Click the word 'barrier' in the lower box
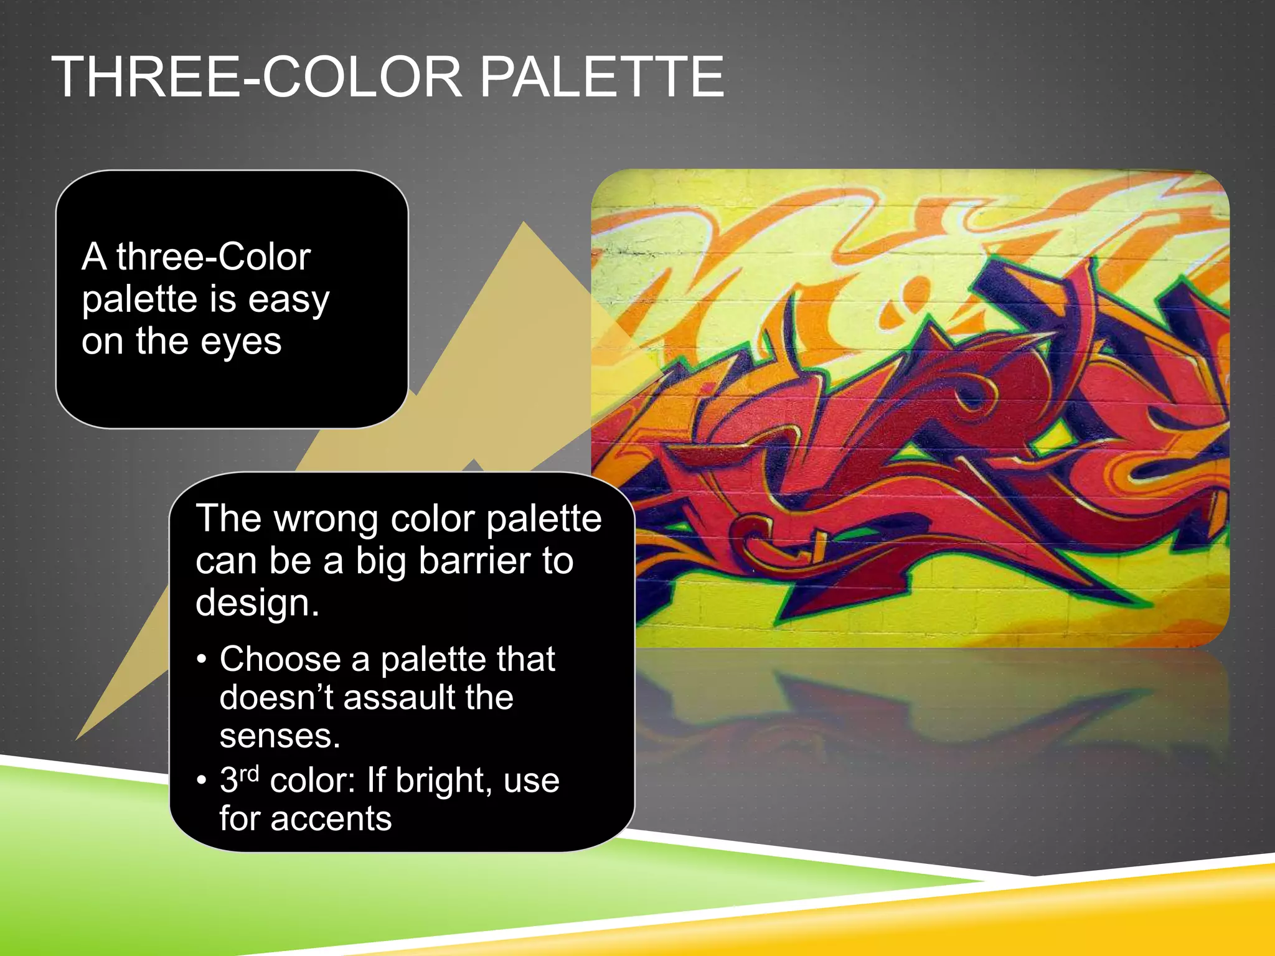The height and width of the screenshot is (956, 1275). (x=474, y=561)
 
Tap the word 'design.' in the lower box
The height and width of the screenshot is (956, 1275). (x=257, y=603)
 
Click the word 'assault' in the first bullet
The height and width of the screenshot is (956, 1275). (x=399, y=697)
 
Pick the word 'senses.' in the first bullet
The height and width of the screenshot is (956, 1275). (x=280, y=736)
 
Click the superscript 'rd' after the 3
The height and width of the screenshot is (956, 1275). (x=249, y=773)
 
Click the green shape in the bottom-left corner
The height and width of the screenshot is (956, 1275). (x=93, y=871)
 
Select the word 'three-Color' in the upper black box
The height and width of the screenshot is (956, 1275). (x=214, y=257)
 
